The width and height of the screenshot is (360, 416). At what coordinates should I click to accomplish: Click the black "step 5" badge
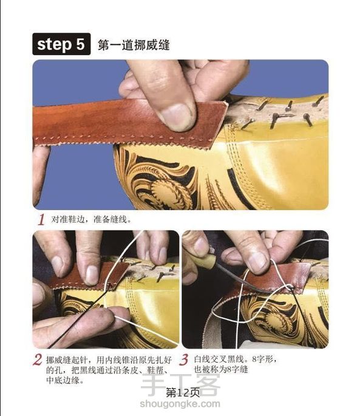tap(61, 44)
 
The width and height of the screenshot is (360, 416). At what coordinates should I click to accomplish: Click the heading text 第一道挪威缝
tap(134, 45)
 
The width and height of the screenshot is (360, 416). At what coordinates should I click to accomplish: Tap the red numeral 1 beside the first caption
tap(41, 219)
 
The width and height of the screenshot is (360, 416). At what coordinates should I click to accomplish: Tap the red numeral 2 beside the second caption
tap(38, 360)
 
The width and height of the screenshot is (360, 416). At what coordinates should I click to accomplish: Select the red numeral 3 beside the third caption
tap(184, 360)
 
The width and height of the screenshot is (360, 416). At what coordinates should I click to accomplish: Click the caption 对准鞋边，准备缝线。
tap(91, 219)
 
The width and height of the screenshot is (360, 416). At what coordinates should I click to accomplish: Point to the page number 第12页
tap(183, 393)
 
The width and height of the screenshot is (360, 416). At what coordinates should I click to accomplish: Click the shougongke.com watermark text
tap(180, 404)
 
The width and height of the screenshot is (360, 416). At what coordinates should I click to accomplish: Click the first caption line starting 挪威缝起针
tap(109, 360)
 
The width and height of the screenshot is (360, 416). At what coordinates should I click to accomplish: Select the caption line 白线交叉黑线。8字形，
tap(236, 360)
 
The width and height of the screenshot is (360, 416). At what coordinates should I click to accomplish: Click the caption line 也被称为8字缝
tap(221, 369)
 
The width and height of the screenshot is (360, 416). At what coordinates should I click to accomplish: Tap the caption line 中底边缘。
tap(66, 380)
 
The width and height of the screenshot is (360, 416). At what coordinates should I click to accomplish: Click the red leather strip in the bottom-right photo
tap(276, 279)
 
